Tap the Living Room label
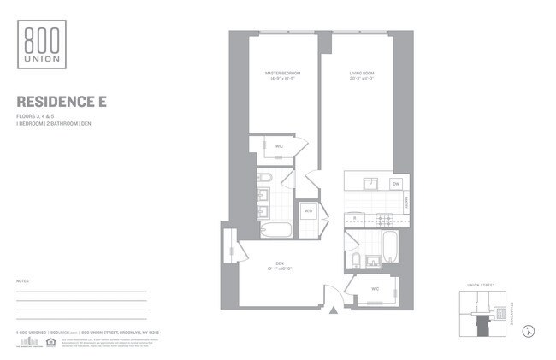pyautogui.click(x=362, y=75)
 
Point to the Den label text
pyautogui.click(x=279, y=265)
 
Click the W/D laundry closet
pyautogui.click(x=308, y=210)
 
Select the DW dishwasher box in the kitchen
pyautogui.click(x=396, y=184)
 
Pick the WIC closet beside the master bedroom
pyautogui.click(x=279, y=146)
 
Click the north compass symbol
pyautogui.click(x=529, y=330)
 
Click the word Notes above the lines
pyautogui.click(x=23, y=280)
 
